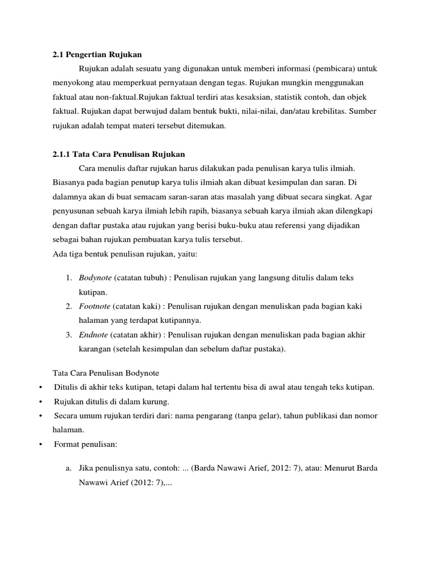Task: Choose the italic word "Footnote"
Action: (94, 306)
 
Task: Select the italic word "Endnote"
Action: (93, 335)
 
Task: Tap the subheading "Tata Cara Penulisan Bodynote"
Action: (105, 373)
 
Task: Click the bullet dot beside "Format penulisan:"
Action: (41, 445)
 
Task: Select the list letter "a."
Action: (67, 469)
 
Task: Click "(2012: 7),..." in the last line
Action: (143, 483)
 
